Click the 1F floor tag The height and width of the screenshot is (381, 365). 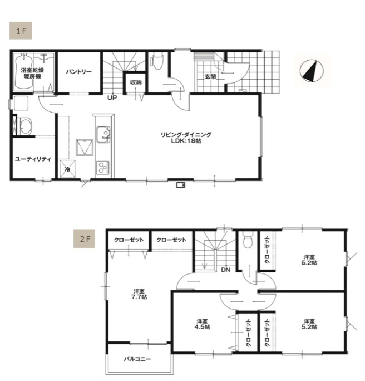coord(21,31)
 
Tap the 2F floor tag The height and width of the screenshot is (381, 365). coord(84,239)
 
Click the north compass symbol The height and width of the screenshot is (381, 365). coord(312,71)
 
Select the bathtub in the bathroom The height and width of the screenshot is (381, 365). coord(24,72)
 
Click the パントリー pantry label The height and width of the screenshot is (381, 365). coord(78,72)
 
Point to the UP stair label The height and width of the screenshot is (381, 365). coord(112,97)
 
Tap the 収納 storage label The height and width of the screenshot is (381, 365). coord(136,82)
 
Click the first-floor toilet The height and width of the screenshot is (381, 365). coord(157,61)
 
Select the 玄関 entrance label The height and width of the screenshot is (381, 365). coord(210,76)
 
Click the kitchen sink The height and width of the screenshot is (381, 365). coord(103,134)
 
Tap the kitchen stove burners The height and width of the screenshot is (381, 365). coord(103,167)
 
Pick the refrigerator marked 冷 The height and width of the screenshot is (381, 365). coord(67,169)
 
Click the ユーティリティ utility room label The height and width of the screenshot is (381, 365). coord(33,159)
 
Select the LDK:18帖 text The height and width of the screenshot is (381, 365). coord(186,141)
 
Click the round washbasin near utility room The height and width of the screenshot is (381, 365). coord(25,126)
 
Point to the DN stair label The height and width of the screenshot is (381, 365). coord(225,270)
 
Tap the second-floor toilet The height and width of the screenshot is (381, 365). coord(248,239)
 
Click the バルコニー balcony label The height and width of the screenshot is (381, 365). coord(137,359)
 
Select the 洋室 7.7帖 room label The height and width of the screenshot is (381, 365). coord(139,294)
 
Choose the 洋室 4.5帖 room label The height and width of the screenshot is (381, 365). coord(202,324)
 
